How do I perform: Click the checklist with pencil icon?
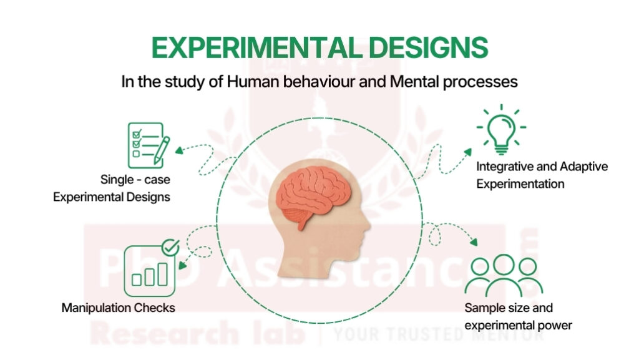[147, 145]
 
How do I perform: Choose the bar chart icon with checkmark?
[150, 270]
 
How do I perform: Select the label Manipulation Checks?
[118, 308]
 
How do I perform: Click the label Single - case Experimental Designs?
[112, 188]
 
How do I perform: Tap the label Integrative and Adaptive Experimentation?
[542, 175]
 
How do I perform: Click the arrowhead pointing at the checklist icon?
[178, 150]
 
